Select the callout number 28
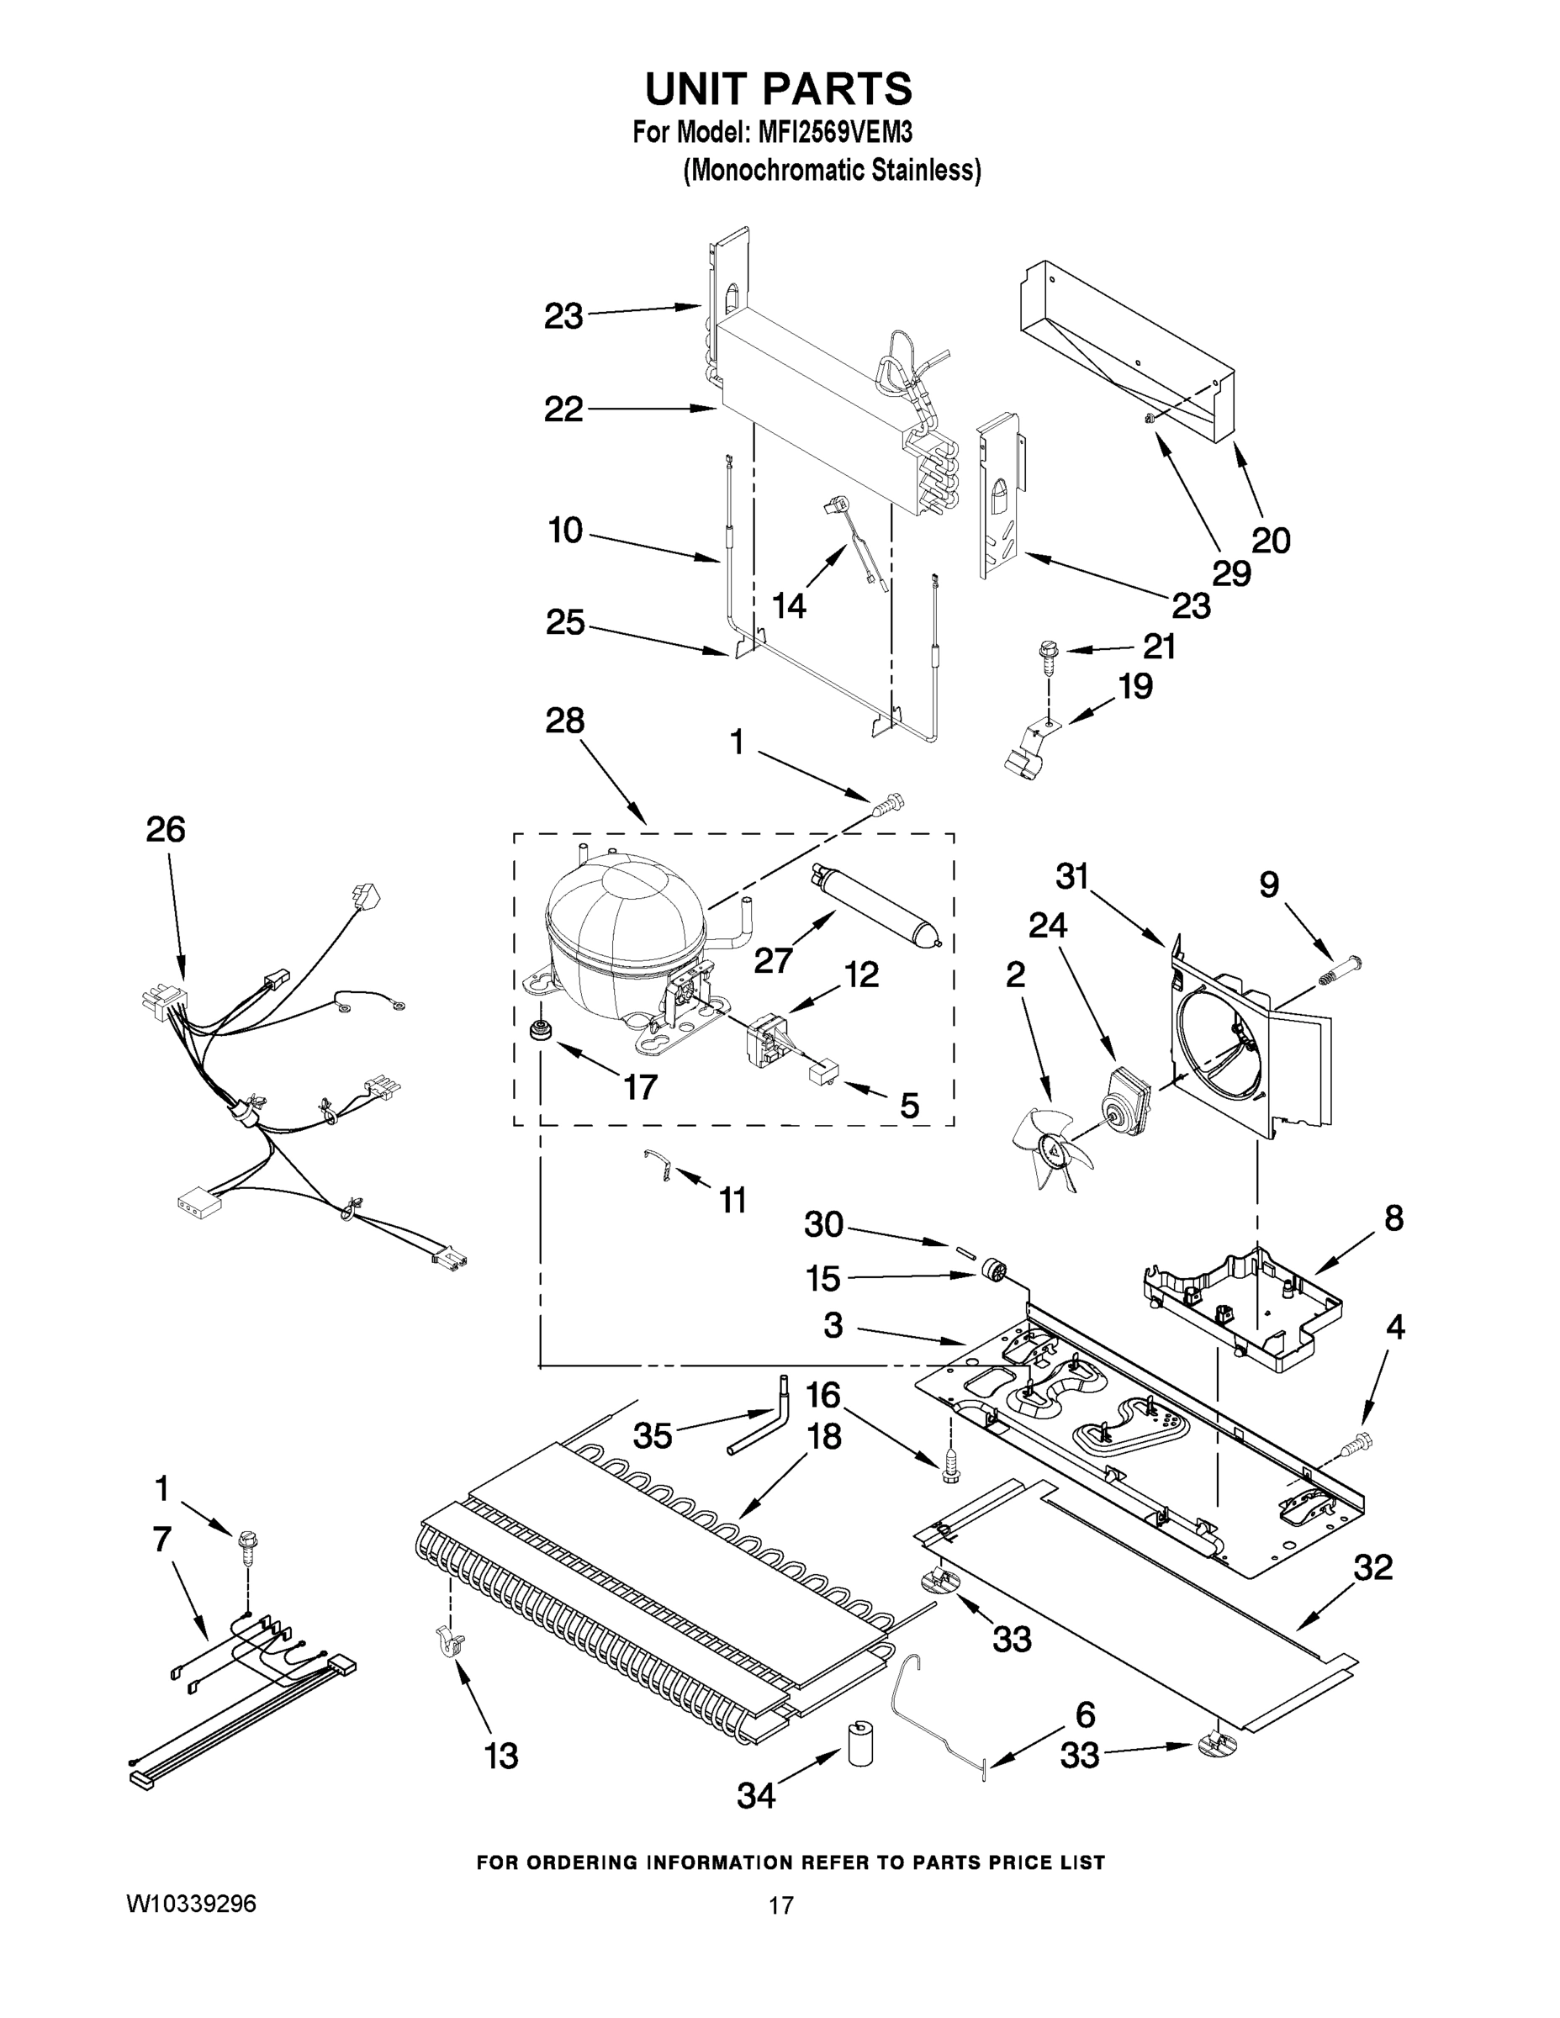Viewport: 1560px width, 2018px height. tap(564, 720)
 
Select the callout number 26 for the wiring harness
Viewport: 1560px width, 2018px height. tap(166, 830)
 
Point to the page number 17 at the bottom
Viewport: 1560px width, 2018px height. tap(781, 1905)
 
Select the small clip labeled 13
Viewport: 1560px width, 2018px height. tap(450, 1642)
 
